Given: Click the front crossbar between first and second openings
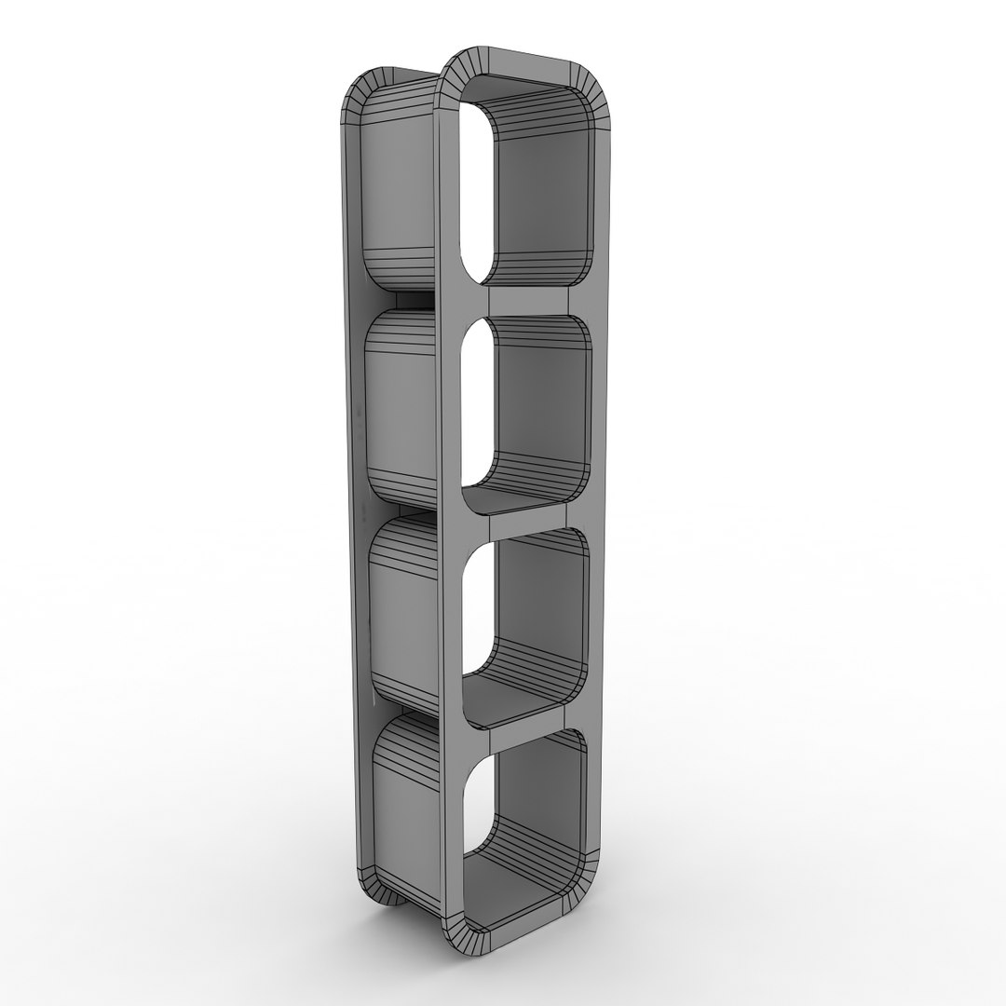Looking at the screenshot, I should tap(529, 300).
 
